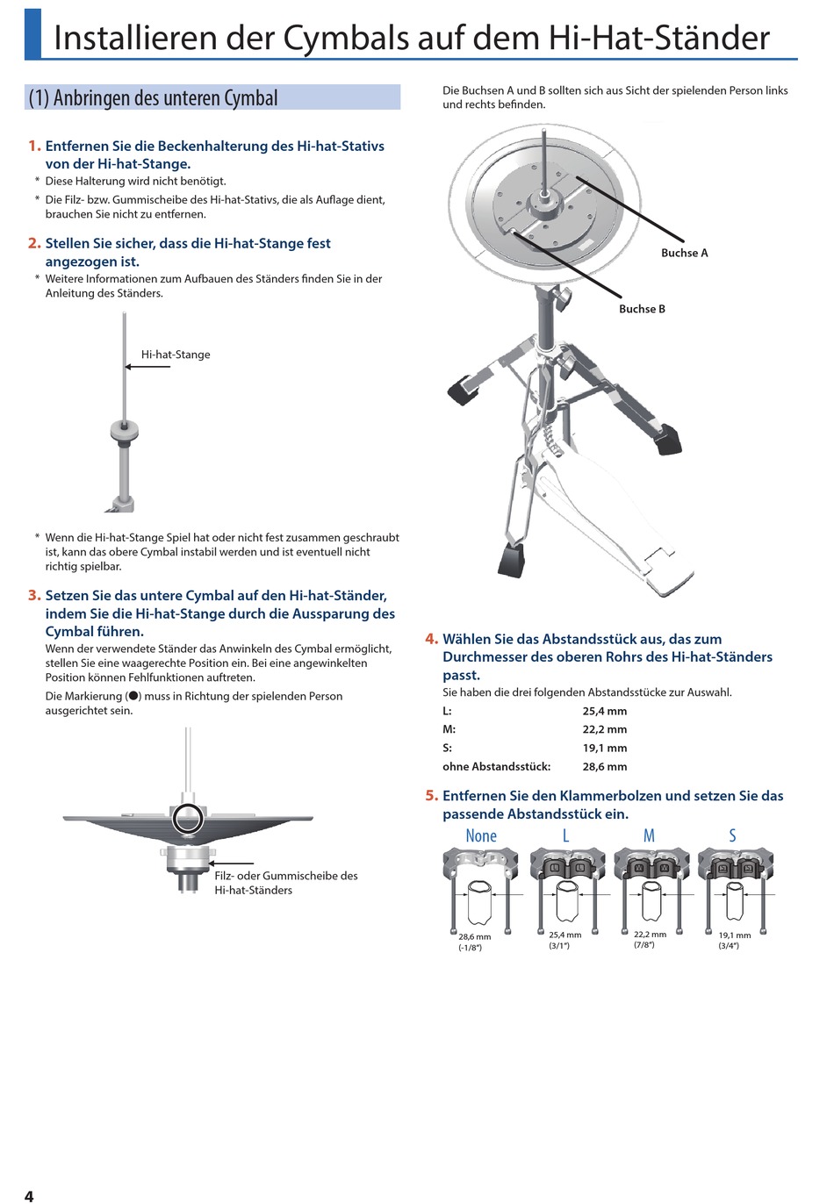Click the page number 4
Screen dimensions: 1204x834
(x=29, y=1195)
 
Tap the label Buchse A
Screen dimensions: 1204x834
(x=684, y=253)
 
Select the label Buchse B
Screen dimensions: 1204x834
(x=642, y=309)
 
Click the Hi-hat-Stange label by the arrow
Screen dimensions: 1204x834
(x=176, y=355)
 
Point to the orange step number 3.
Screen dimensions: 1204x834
(x=34, y=595)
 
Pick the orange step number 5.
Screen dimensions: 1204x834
(x=431, y=796)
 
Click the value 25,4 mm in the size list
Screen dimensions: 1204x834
(x=605, y=711)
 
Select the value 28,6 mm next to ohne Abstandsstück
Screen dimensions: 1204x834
(x=605, y=766)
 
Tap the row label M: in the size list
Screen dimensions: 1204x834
(x=449, y=729)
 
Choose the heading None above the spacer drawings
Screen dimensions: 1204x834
(x=481, y=835)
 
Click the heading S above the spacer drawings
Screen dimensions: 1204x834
(x=732, y=835)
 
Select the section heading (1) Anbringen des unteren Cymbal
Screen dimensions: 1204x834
(x=154, y=97)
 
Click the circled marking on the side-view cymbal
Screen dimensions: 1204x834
(x=186, y=818)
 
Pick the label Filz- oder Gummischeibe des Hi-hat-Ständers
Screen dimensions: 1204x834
(x=285, y=883)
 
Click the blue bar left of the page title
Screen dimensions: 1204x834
(x=32, y=32)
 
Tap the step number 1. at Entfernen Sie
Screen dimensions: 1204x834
(x=34, y=146)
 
